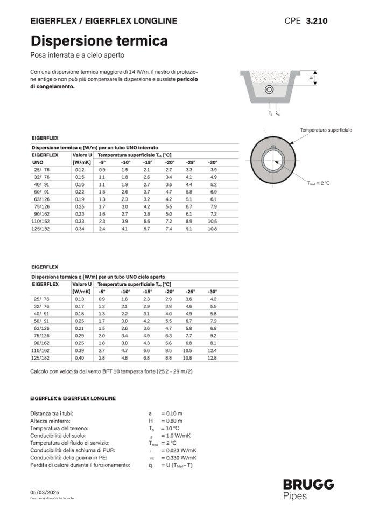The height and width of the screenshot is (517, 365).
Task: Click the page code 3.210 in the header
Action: pyautogui.click(x=316, y=21)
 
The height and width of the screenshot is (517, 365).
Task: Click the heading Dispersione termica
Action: pyautogui.click(x=99, y=41)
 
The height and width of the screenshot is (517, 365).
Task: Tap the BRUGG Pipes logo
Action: pyautogui.click(x=308, y=490)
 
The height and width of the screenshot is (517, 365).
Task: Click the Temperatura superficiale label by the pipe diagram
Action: pyautogui.click(x=326, y=130)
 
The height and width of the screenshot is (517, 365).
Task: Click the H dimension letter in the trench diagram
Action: pyautogui.click(x=311, y=78)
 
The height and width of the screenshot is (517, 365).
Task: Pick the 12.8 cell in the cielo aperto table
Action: pyautogui.click(x=213, y=357)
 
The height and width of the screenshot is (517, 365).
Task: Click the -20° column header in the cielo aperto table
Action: pyautogui.click(x=169, y=291)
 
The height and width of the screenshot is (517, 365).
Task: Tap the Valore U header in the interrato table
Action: pyautogui.click(x=82, y=155)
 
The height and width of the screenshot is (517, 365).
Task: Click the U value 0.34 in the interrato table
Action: pyautogui.click(x=80, y=229)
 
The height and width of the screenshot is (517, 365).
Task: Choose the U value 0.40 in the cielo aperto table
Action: pyautogui.click(x=80, y=357)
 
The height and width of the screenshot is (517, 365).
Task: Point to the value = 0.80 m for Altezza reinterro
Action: pyautogui.click(x=172, y=421)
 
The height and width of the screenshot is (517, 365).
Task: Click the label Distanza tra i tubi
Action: pyautogui.click(x=52, y=413)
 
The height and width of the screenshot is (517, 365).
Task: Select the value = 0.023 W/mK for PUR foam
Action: pyautogui.click(x=179, y=450)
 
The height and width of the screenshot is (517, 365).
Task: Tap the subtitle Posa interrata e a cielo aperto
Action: pyautogui.click(x=78, y=55)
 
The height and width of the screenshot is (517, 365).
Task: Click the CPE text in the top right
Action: pyautogui.click(x=292, y=21)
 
